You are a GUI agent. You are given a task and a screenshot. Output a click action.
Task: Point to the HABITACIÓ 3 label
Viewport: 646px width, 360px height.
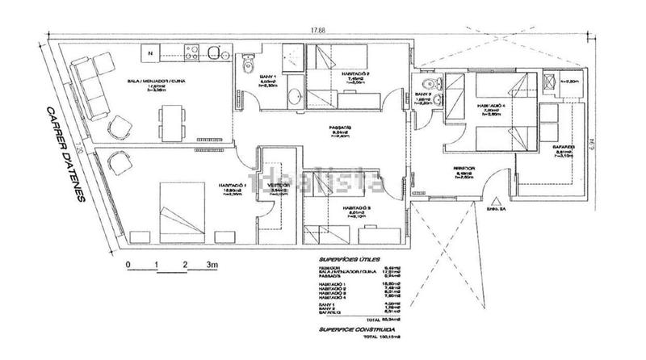[357, 207]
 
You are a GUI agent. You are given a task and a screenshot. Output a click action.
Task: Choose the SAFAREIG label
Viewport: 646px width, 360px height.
[563, 147]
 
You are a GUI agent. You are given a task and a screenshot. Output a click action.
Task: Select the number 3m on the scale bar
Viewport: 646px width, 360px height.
[212, 264]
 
